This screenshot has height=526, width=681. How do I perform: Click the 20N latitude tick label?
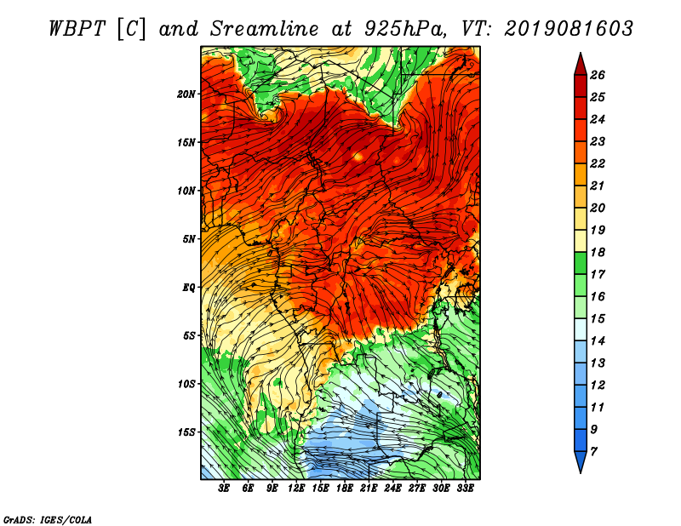tap(186, 94)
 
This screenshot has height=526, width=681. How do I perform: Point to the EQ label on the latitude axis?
tap(189, 288)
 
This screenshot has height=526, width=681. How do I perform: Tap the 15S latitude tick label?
tap(186, 432)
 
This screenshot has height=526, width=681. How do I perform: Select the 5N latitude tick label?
tap(189, 239)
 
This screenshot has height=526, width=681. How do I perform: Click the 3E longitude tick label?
tap(224, 489)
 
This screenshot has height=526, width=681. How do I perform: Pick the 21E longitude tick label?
tap(369, 489)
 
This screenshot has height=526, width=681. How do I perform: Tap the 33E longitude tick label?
tap(465, 489)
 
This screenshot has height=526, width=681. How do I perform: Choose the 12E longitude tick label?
tap(295, 489)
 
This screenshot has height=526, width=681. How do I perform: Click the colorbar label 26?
tap(598, 75)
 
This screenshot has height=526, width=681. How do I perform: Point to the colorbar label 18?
tap(598, 252)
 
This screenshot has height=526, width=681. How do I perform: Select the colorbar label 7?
tap(593, 452)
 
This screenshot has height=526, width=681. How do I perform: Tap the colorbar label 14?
tap(598, 341)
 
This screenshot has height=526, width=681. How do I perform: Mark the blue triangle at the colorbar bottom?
tap(581, 460)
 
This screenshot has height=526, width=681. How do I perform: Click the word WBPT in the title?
tap(77, 29)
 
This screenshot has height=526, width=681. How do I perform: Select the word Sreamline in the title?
tap(265, 29)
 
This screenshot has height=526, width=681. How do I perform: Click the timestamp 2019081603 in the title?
tap(569, 29)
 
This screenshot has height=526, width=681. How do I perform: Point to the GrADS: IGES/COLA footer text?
tap(48, 520)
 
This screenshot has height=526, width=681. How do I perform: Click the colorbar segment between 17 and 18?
tap(581, 263)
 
